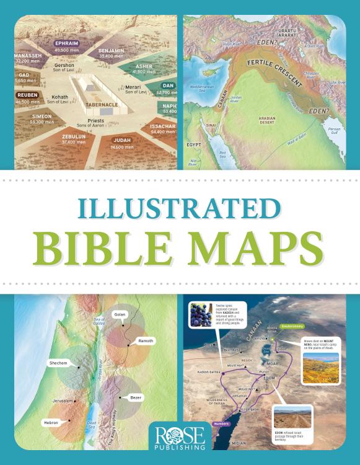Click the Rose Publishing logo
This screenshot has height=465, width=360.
tap(180, 435)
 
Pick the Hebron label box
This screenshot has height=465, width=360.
tap(51, 422)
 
